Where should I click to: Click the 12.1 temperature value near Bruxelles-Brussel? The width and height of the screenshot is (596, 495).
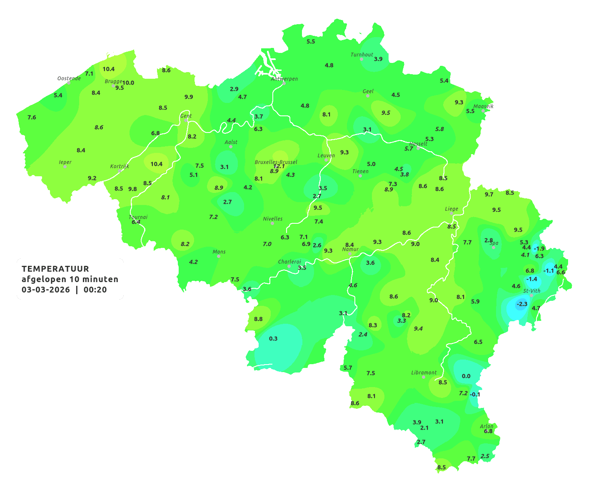279,166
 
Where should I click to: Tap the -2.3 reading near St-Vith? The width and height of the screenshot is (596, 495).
522,304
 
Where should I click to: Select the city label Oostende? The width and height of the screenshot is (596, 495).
69,78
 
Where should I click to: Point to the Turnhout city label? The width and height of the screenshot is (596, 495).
362,55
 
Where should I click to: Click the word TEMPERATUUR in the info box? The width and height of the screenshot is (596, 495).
55,269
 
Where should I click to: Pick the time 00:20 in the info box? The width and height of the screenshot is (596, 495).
95,290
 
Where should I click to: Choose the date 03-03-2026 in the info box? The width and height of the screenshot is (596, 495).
46,290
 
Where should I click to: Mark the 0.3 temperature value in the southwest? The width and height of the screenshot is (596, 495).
273,338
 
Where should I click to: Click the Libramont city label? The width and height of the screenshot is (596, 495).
424,372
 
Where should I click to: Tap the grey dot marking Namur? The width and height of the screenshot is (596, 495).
350,254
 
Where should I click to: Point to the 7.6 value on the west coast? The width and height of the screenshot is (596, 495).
32,117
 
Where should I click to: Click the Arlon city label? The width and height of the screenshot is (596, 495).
486,426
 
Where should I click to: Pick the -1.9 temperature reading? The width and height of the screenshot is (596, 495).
539,248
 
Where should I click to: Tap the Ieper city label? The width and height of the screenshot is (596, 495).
65,162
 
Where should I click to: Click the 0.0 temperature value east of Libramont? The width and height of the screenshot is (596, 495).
466,376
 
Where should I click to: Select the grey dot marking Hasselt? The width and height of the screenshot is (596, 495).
418,148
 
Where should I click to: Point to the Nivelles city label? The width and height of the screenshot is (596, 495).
273,218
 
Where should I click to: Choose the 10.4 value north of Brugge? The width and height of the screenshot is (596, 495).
109,69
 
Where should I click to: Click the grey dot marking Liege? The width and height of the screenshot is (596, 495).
451,213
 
